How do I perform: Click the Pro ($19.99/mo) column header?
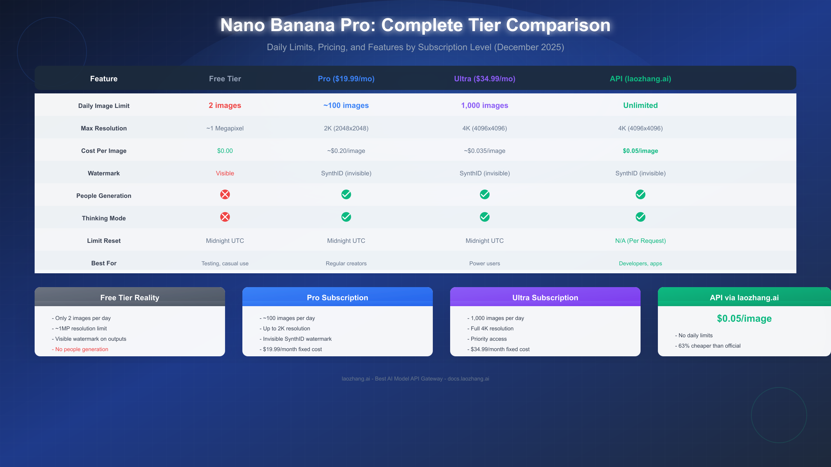coord(346,79)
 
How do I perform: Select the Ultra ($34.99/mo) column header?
coord(484,79)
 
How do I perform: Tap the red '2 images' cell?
coord(225,106)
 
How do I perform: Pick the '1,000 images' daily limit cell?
coord(484,106)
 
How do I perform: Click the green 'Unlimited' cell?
coord(640,106)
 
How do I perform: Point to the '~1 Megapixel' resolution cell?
coord(225,128)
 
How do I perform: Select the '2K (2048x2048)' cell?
coord(346,128)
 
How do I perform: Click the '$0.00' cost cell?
coord(225,151)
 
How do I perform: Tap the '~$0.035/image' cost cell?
coord(484,151)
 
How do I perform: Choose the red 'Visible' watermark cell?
coord(225,173)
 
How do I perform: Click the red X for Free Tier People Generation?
coord(225,194)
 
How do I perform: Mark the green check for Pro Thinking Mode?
coord(346,217)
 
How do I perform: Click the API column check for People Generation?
coord(641,194)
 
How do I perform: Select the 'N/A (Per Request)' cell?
coord(640,241)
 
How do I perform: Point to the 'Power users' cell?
coord(484,264)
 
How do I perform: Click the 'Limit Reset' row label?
coord(104,241)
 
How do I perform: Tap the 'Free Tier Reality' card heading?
coord(130,298)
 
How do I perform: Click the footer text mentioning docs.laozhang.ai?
coord(415,379)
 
